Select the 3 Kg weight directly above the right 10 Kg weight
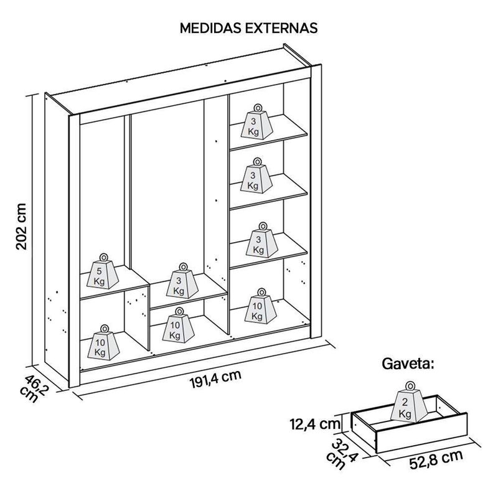[x=256, y=242]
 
